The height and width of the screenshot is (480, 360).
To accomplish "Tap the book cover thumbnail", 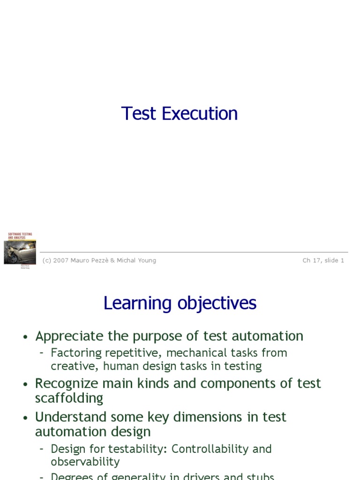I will (20, 251).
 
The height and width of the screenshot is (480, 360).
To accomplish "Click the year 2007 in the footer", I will (61, 261).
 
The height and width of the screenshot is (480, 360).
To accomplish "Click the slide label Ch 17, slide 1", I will (323, 261).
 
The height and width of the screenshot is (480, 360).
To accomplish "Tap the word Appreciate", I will (69, 336).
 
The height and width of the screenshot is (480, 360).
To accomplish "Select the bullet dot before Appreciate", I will (26, 337).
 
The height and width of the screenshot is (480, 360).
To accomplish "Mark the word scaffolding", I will (69, 398).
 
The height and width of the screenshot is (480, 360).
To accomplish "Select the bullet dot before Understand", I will (26, 418).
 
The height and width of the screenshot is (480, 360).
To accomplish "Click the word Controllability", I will (210, 449).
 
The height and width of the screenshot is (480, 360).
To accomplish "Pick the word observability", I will (85, 462).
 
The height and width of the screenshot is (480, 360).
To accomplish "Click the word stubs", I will (258, 476).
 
